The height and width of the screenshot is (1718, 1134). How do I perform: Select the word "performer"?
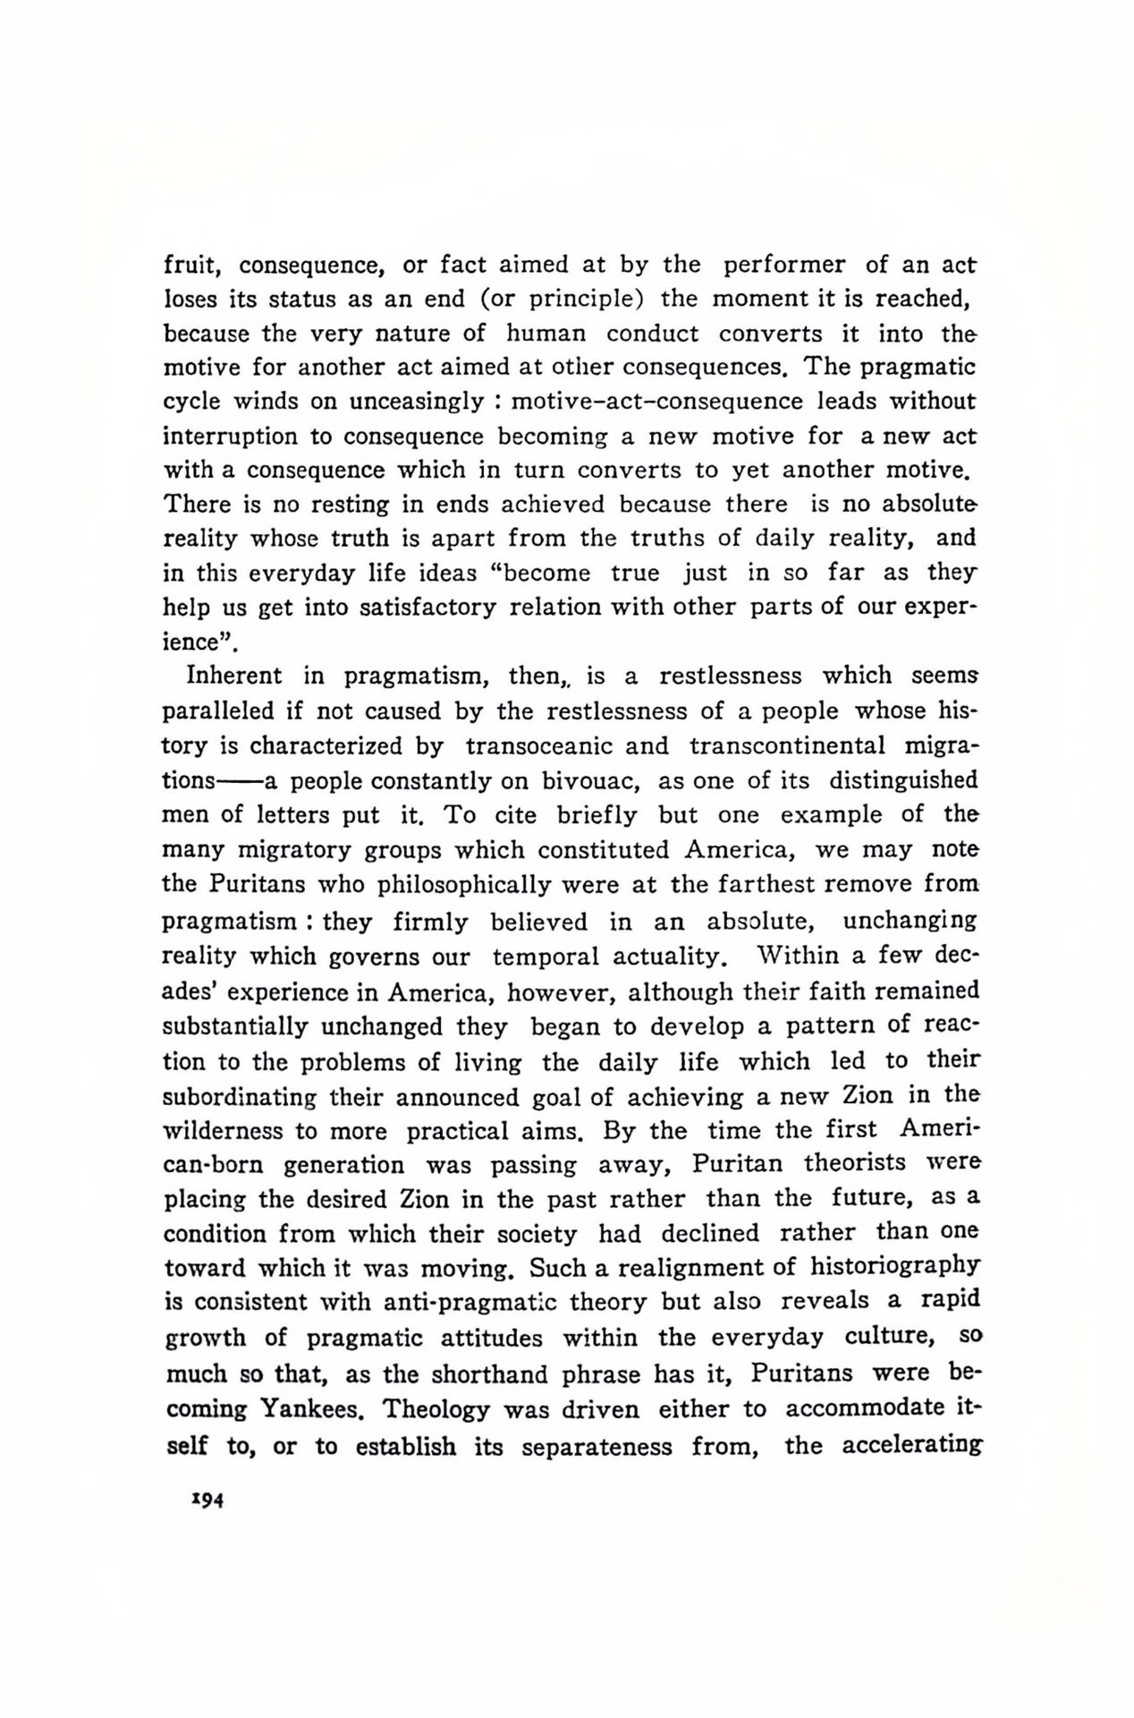point(783,265)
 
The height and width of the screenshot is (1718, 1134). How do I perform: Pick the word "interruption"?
point(229,437)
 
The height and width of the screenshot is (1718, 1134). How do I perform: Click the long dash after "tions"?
point(240,781)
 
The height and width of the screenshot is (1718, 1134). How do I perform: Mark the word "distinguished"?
point(903,780)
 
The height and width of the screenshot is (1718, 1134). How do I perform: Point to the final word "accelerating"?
point(912,1446)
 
